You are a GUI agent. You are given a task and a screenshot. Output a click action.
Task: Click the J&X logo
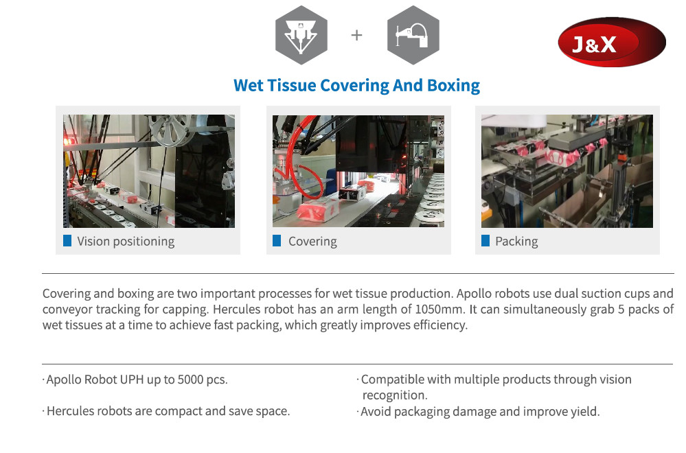click(612, 42)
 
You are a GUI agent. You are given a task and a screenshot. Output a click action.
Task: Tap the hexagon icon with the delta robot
click(301, 35)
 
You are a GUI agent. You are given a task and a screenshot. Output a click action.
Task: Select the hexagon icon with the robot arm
click(413, 35)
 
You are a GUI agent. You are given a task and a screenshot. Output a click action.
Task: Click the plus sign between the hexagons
click(356, 35)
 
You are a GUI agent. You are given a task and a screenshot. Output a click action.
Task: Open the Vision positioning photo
click(149, 171)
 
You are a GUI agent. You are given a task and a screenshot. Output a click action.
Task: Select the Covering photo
click(358, 171)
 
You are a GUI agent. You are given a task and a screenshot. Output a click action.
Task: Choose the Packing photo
click(567, 171)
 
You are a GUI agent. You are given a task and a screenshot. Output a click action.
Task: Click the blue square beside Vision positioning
click(67, 240)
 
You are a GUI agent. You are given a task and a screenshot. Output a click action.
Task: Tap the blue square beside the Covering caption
click(277, 240)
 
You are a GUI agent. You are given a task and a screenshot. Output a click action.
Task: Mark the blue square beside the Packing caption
click(485, 240)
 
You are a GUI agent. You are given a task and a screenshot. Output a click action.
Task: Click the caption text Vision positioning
click(126, 242)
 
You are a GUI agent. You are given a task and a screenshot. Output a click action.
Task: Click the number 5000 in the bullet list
click(190, 379)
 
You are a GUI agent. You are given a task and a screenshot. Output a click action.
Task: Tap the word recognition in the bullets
click(395, 395)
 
